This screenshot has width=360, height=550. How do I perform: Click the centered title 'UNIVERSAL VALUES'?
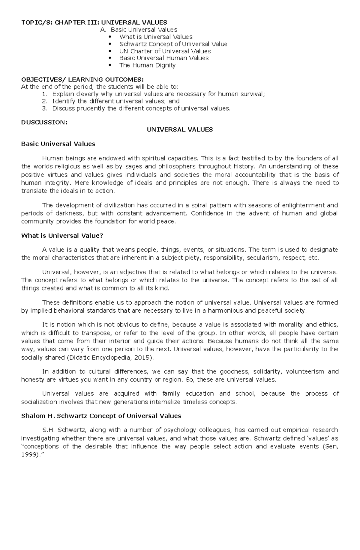click(x=179, y=129)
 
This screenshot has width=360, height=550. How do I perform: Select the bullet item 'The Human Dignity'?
click(x=147, y=65)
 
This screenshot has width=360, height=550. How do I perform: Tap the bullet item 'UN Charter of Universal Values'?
click(x=165, y=51)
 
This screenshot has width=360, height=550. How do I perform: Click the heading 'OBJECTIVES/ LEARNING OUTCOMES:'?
click(x=82, y=79)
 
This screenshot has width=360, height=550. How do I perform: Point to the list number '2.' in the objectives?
click(x=45, y=101)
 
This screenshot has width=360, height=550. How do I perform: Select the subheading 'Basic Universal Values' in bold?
click(x=58, y=144)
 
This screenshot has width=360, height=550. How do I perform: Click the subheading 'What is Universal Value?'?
click(x=62, y=236)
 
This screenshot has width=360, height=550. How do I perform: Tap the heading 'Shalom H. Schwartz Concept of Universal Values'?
click(x=101, y=416)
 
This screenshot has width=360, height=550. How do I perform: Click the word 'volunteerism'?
click(x=304, y=371)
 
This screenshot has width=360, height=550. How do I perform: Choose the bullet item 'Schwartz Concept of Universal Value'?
click(x=173, y=44)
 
